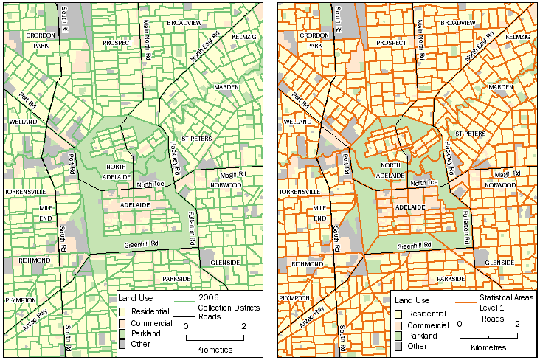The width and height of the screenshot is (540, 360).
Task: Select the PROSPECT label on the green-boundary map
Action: point(114,43)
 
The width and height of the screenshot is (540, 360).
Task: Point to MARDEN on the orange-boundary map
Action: point(500,87)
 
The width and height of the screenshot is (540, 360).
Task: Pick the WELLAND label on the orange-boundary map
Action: point(297,121)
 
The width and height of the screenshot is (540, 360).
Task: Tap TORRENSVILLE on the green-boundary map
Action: point(26,192)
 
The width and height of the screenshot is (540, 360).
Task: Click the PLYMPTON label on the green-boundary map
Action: point(20,301)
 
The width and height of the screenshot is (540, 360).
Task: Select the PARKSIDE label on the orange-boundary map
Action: point(451,280)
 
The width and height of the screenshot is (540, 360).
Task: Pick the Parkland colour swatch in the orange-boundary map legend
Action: point(398,335)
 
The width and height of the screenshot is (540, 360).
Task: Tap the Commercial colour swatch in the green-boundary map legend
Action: point(122,322)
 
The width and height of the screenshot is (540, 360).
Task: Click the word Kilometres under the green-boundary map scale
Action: point(215,348)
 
